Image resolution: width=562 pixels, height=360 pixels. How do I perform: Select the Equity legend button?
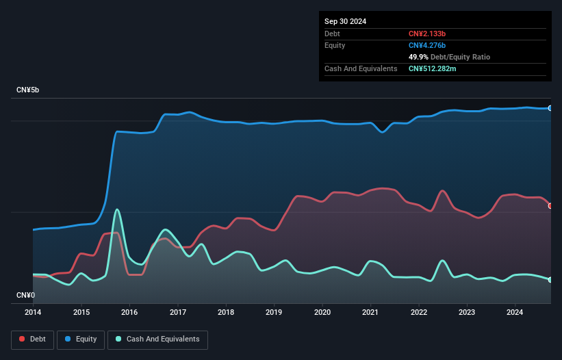click(81, 339)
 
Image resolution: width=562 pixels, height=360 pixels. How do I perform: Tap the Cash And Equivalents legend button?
click(157, 339)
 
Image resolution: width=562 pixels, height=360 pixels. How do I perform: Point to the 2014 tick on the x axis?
click(33, 313)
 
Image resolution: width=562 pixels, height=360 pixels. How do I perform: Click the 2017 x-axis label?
click(177, 313)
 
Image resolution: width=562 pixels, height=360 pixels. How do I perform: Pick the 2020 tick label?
click(322, 313)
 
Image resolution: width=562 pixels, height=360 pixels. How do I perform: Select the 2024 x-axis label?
click(515, 313)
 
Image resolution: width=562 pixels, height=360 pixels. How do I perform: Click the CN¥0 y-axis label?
click(26, 296)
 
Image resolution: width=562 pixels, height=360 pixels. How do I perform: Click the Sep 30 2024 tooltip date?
click(346, 21)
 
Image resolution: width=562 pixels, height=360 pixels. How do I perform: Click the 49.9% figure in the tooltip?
click(418, 57)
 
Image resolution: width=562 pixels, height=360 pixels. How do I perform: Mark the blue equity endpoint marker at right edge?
click(550, 108)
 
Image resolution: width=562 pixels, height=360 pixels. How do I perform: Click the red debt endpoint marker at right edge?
click(550, 205)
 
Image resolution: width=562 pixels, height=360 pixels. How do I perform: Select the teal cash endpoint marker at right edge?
click(550, 280)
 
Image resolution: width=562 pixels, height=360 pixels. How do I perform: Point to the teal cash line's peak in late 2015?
click(117, 209)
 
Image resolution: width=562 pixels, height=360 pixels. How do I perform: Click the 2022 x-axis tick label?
click(418, 313)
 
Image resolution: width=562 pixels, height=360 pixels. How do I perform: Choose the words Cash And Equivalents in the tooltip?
click(361, 68)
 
